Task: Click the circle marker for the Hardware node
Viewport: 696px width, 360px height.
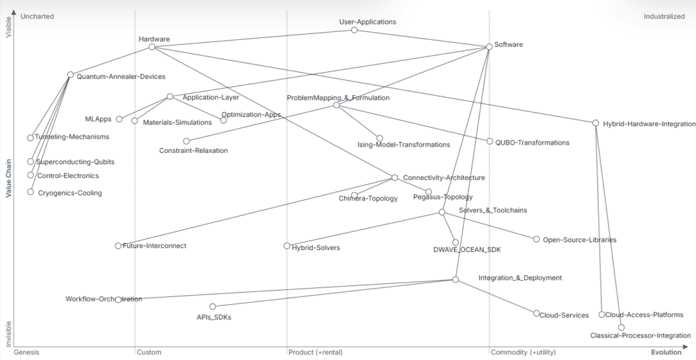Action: tap(152, 47)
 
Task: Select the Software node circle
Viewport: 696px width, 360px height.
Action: tap(489, 47)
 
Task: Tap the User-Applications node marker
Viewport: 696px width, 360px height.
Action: tap(354, 30)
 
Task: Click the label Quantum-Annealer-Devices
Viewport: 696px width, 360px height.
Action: tap(121, 77)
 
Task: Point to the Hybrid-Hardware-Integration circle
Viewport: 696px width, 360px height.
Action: tap(595, 123)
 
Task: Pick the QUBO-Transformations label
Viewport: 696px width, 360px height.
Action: tap(532, 143)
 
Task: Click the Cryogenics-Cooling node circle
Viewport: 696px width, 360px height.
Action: tap(31, 192)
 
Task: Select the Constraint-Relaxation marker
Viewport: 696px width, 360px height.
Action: tap(187, 141)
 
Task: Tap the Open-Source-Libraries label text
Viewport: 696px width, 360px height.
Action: tap(579, 240)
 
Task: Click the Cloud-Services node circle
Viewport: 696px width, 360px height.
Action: tap(536, 313)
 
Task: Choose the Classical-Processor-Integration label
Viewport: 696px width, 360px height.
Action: tap(640, 336)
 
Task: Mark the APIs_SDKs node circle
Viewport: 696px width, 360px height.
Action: tap(213, 306)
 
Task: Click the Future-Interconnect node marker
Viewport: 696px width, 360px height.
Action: tap(118, 245)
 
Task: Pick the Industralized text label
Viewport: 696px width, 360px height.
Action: tap(664, 16)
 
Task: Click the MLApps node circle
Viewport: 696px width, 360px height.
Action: tap(119, 119)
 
